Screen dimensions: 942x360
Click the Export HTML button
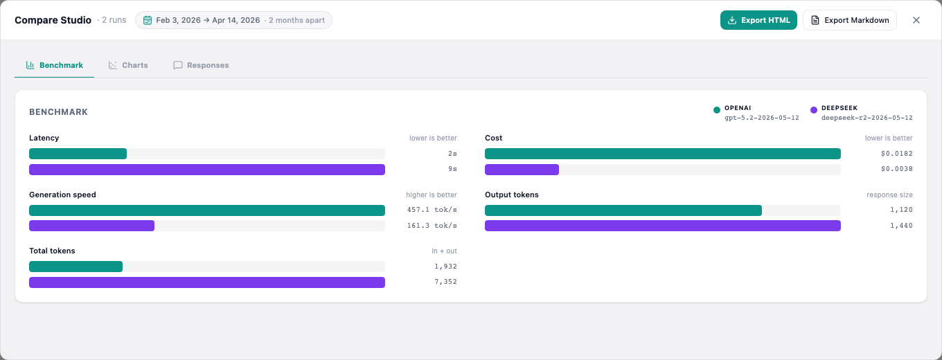(x=758, y=20)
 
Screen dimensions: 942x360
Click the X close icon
(x=916, y=20)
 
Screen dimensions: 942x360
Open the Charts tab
(x=128, y=65)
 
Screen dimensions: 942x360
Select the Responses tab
(x=201, y=65)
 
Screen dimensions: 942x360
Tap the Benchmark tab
(x=54, y=65)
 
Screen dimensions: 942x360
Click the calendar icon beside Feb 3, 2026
(x=147, y=20)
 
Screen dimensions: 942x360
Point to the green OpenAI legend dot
(x=717, y=110)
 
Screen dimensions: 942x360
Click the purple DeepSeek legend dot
(x=814, y=110)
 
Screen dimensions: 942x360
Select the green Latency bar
(x=78, y=154)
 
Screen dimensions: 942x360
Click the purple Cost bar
(x=522, y=170)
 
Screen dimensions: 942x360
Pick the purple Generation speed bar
(x=91, y=226)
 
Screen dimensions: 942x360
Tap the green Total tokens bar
(x=75, y=267)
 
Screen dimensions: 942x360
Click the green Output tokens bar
(x=623, y=210)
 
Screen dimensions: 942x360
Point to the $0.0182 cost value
(x=896, y=154)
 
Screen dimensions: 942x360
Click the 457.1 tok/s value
(x=432, y=210)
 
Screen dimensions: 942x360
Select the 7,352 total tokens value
(x=445, y=282)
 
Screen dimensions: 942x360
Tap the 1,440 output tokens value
(x=901, y=226)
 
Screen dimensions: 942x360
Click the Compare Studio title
(x=53, y=20)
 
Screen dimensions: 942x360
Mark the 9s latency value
(x=452, y=169)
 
